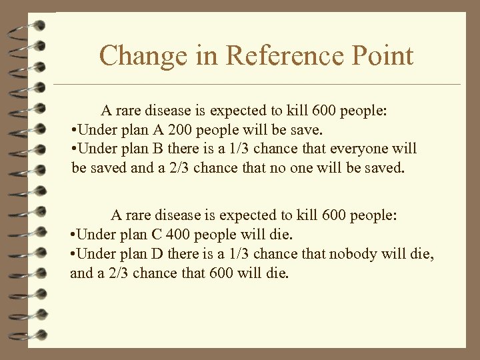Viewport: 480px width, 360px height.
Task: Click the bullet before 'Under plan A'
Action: (x=74, y=129)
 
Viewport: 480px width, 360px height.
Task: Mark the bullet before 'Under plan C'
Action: (x=74, y=235)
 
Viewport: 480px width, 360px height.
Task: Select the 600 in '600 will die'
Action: (x=221, y=273)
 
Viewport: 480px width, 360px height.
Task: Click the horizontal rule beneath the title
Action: (x=257, y=85)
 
